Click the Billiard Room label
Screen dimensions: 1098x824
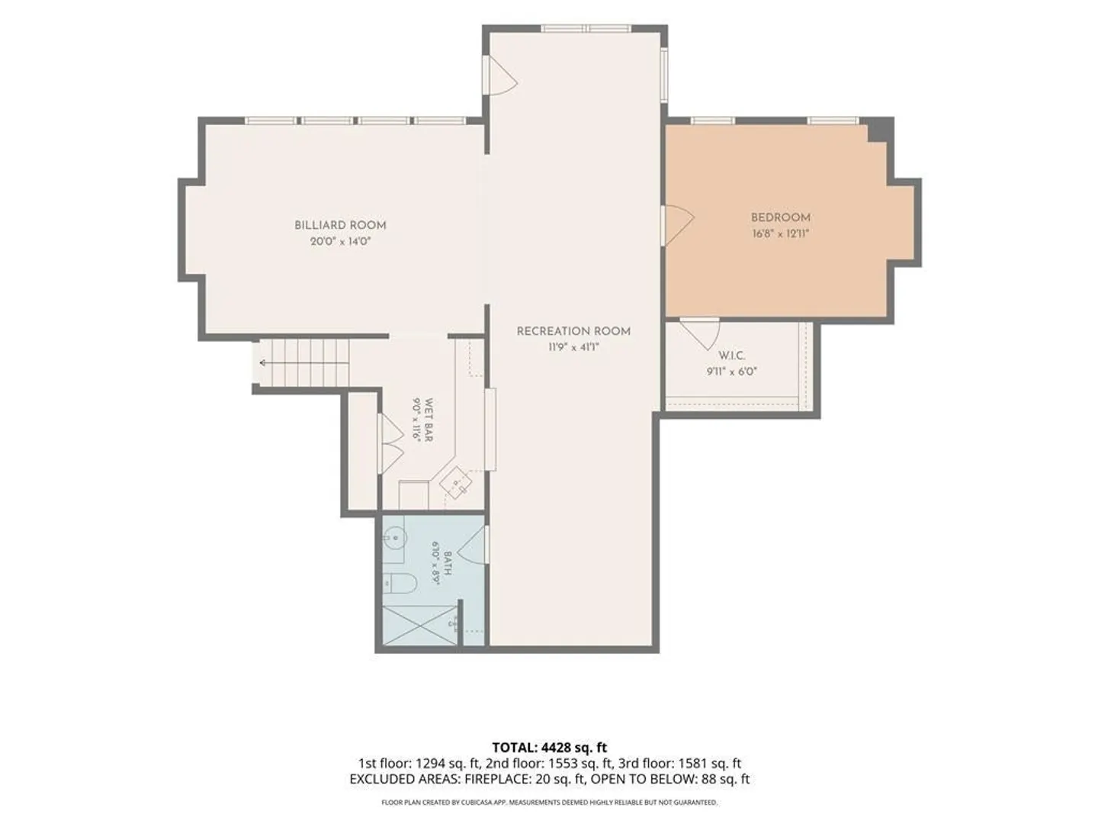[x=340, y=225]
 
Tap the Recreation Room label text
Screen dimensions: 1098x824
[x=573, y=331]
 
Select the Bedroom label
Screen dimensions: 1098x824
[x=780, y=217]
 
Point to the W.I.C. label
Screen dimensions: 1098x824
[x=732, y=356]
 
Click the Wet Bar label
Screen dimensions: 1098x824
[x=429, y=420]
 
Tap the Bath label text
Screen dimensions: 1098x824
[x=447, y=563]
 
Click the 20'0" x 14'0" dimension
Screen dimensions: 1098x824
[x=340, y=242]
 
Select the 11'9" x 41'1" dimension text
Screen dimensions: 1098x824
[x=573, y=347]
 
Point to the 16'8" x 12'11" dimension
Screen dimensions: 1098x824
[x=780, y=233]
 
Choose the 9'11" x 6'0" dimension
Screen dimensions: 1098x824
[x=732, y=372]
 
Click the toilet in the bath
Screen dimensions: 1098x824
[x=400, y=584]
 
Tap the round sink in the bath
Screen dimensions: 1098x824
[x=395, y=539]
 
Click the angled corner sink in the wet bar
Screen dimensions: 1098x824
[x=456, y=482]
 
